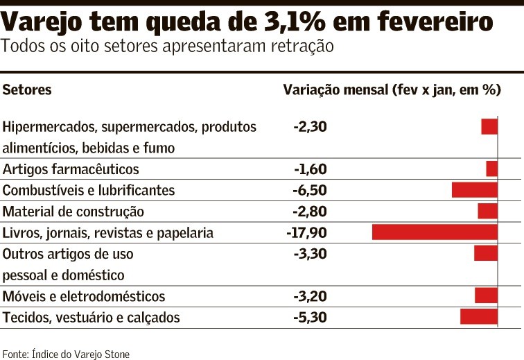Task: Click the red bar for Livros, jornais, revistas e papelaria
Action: coord(435,232)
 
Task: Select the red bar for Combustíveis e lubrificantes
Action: coord(475,190)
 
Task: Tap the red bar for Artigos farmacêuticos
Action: coord(492,169)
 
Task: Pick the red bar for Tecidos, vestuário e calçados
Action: coord(479,317)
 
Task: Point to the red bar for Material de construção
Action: coord(488,212)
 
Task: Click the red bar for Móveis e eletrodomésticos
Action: coord(487,296)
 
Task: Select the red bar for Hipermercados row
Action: coord(490,127)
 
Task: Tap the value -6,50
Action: coord(309,191)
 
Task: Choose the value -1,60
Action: coord(309,169)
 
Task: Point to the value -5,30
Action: coord(309,318)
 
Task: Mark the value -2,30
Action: coord(309,127)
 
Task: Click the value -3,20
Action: coord(309,297)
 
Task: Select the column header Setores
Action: coord(27,90)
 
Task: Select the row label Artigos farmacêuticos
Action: coord(71,169)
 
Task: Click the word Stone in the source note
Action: coord(116,354)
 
